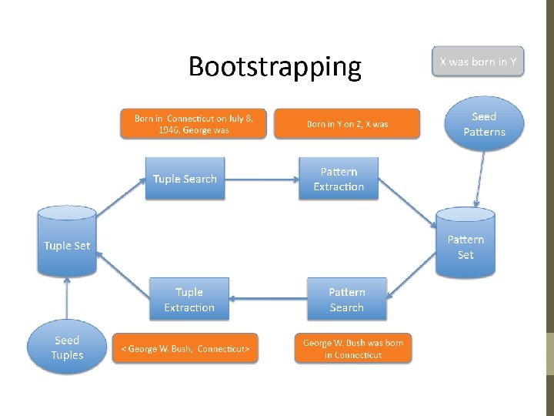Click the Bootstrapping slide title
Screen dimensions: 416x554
275,67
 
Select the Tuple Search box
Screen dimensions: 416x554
185,179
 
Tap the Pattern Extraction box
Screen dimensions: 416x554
339,179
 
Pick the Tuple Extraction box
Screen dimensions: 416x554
189,300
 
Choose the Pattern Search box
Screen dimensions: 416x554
346,300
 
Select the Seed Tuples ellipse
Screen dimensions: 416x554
67,347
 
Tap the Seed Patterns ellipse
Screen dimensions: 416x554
484,124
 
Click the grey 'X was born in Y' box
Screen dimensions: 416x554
478,62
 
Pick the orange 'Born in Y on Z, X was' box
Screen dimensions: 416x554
347,123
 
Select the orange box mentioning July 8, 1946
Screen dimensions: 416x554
192,123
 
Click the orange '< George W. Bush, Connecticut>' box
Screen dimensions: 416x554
185,348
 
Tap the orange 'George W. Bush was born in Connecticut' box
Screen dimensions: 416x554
353,348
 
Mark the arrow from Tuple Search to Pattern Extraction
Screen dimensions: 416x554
262,179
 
